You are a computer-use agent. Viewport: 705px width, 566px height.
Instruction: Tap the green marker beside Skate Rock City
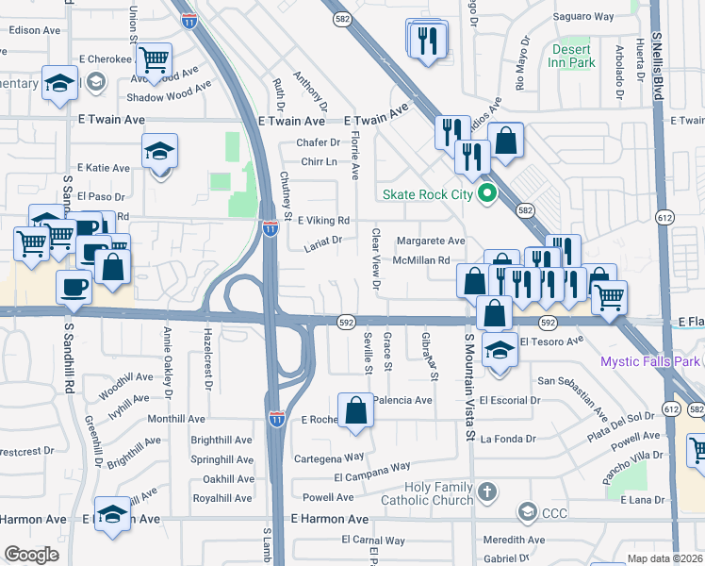coord(486,195)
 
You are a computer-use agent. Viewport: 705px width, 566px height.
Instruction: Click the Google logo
coord(31,554)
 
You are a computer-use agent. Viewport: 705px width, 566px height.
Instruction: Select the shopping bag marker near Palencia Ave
coord(355,411)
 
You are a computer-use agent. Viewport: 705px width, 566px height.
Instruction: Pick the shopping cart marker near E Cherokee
coord(154,60)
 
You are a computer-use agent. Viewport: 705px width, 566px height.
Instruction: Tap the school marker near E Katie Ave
coord(159,151)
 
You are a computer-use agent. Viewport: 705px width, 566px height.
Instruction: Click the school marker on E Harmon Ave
coord(112,515)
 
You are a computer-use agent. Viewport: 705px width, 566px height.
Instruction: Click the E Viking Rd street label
coord(323,221)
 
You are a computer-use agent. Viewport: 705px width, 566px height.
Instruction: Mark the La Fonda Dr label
coord(507,439)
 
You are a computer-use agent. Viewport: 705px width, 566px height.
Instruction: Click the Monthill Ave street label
coord(176,419)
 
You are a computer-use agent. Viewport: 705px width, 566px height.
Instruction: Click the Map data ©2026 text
coord(664,558)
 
